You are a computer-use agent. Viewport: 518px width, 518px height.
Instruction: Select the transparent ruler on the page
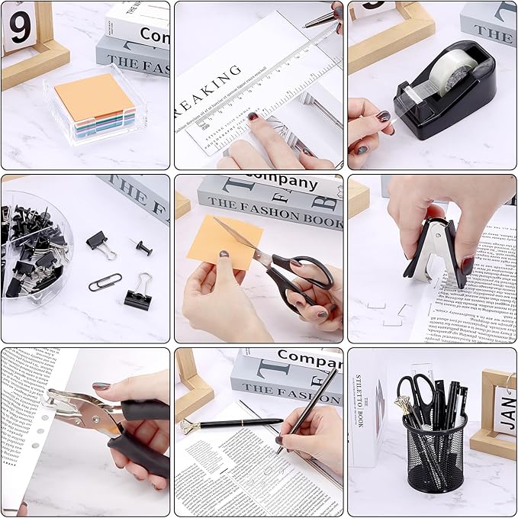tap(259, 92)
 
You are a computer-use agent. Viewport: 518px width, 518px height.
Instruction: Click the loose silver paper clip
tap(104, 283)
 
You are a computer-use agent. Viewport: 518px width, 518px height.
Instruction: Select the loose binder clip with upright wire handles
tap(139, 293)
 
